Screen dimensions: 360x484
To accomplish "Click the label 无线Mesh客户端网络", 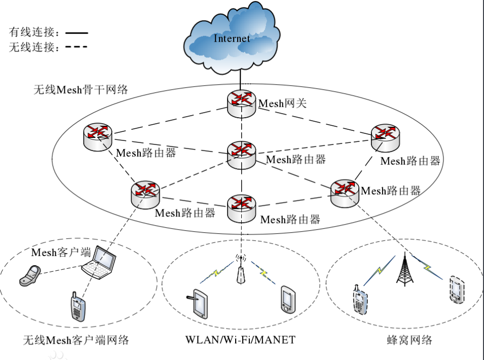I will tap(76, 340).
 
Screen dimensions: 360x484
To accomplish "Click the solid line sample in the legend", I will tap(77, 33).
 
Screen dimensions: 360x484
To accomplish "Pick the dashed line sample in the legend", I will tap(77, 48).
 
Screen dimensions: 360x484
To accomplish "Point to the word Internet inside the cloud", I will tap(232, 38).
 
